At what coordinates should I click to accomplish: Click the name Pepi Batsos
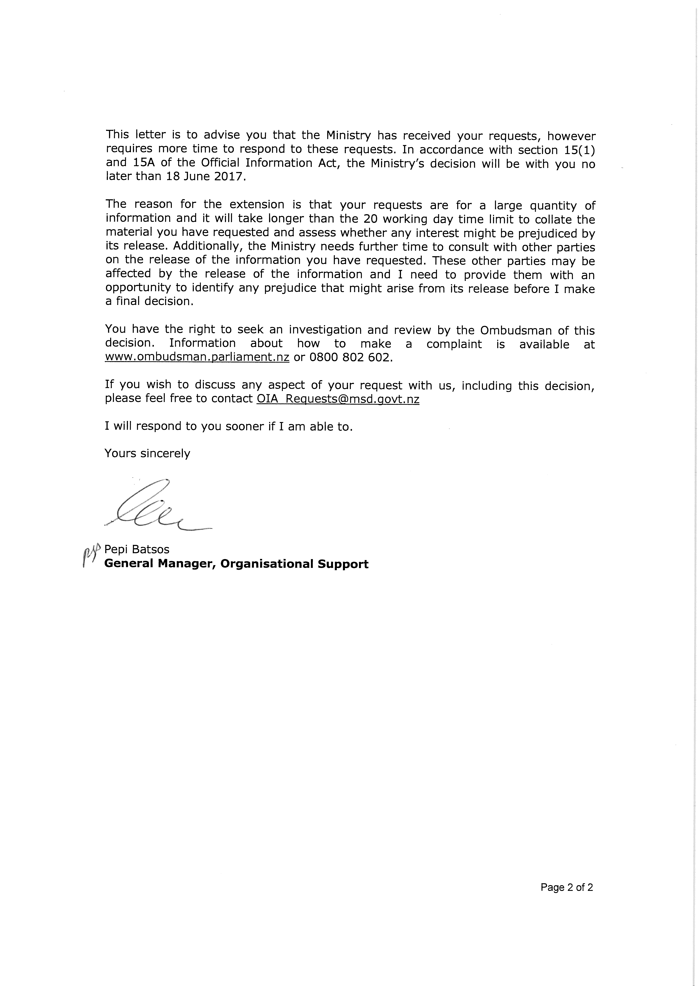(x=137, y=549)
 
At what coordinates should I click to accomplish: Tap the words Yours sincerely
(x=147, y=454)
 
